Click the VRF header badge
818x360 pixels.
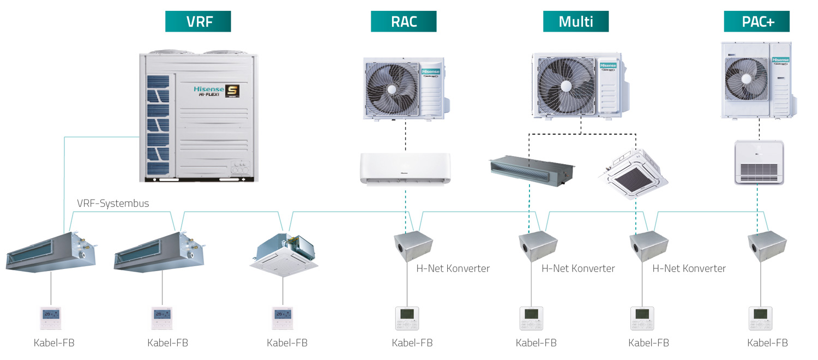tap(198, 21)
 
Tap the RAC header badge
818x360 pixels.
tap(404, 21)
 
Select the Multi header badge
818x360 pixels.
tap(575, 21)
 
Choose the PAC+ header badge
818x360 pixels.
tap(757, 21)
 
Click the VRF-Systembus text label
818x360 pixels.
tap(113, 203)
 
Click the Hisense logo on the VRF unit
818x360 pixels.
tap(209, 89)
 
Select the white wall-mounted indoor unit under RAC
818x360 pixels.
tap(405, 168)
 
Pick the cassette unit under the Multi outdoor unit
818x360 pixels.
tap(633, 173)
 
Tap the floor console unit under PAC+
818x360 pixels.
tap(759, 162)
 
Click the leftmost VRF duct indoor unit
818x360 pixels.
tap(51, 251)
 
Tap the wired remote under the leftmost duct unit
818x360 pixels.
tap(51, 318)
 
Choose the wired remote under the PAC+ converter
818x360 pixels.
tap(760, 318)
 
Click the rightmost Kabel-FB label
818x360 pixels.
tap(767, 343)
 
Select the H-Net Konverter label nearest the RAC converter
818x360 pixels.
tap(453, 268)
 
